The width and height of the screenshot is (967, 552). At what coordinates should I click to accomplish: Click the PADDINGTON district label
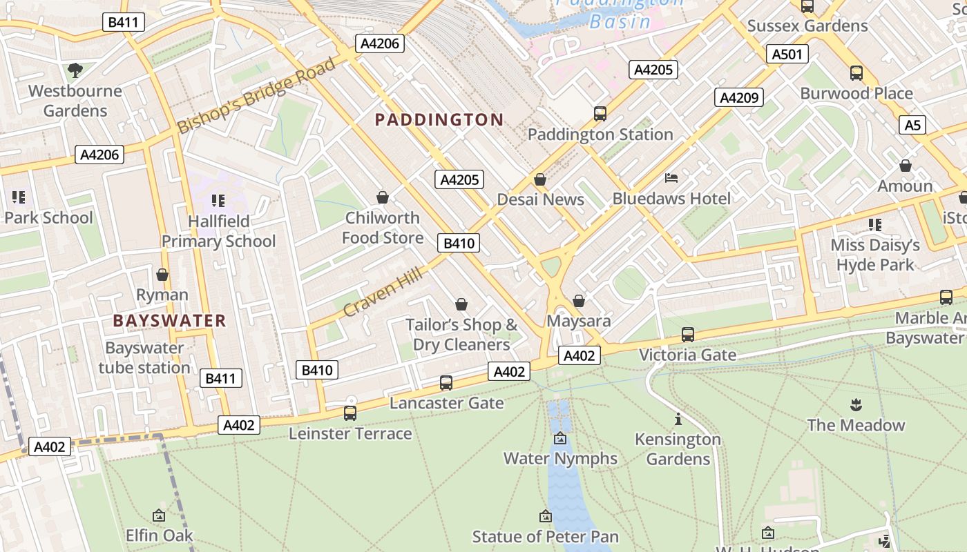point(439,119)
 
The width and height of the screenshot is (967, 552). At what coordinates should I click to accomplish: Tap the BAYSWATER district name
point(169,320)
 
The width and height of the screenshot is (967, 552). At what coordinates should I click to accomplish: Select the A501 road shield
point(787,54)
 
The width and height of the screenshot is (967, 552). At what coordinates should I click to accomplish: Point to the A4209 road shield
point(738,97)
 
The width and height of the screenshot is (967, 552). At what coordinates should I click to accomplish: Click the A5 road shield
point(912,125)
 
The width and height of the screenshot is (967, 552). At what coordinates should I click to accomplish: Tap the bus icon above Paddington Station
point(600,113)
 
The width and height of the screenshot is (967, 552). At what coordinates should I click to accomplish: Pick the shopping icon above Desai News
point(540,179)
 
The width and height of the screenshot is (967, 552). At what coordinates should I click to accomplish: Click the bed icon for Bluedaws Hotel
point(671,178)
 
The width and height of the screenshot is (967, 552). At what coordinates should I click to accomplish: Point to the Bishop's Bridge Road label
point(256,96)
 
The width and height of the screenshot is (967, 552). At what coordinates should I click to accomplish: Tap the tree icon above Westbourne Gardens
point(75,70)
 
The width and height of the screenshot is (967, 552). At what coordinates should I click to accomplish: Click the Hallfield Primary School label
point(218,231)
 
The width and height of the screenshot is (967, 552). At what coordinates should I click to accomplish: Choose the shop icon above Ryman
point(162,275)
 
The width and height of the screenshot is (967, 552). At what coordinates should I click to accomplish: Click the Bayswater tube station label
point(144,357)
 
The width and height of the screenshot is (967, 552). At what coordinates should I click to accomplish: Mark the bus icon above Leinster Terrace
point(350,413)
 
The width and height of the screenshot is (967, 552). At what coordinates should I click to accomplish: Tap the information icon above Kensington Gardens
point(678,419)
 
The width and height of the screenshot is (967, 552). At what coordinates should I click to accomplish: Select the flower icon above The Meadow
point(856,404)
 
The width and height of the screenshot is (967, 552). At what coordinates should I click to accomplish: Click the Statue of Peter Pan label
point(545,536)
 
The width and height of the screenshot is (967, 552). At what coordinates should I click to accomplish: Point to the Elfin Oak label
point(159,535)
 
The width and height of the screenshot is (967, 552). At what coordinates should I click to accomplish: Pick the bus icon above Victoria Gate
point(687,334)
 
